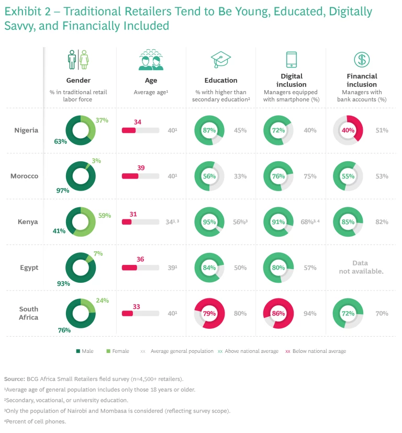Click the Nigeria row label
[26, 130]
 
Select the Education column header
[221, 81]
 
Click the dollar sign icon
[361, 59]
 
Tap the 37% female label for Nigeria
[102, 120]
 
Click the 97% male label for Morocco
[63, 190]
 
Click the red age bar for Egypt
[129, 268]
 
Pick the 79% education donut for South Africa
[209, 313]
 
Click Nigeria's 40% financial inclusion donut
[349, 130]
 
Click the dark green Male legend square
[77, 351]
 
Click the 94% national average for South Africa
[310, 314]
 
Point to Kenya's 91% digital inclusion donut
[279, 222]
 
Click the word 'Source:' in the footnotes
[15, 379]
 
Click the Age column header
[151, 81]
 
